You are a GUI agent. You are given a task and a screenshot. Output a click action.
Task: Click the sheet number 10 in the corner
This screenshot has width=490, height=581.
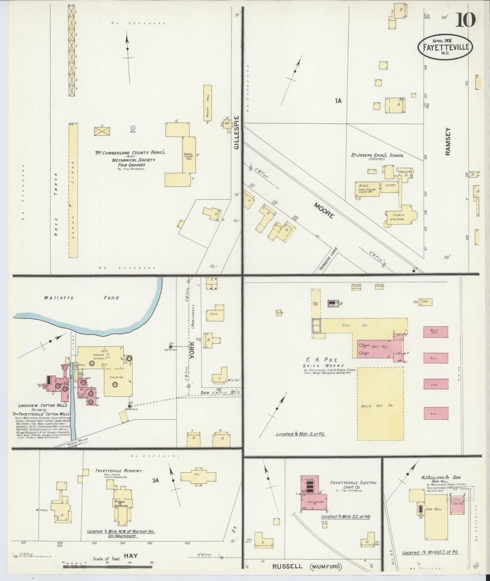(465, 20)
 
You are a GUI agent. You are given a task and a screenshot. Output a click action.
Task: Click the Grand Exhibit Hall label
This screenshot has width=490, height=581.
(188, 156)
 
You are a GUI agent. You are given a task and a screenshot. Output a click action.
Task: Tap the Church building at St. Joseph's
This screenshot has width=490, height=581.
(400, 216)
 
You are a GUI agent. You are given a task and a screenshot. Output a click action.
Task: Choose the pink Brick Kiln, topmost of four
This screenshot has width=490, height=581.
(435, 332)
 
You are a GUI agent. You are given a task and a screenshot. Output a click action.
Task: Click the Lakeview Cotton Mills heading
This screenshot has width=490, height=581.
(43, 405)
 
